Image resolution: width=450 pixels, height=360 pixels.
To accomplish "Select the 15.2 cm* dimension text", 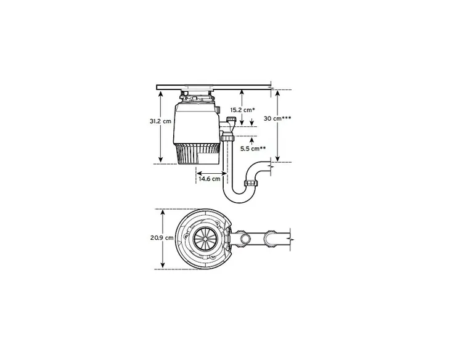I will pos(242,109).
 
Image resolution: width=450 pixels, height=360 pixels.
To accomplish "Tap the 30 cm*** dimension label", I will pos(277,118).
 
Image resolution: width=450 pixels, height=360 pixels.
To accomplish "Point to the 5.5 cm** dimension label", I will pos(253,149).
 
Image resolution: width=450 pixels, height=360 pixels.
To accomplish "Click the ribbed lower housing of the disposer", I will pos(197,154).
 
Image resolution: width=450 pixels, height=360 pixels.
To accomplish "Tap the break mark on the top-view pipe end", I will pos(290,238).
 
